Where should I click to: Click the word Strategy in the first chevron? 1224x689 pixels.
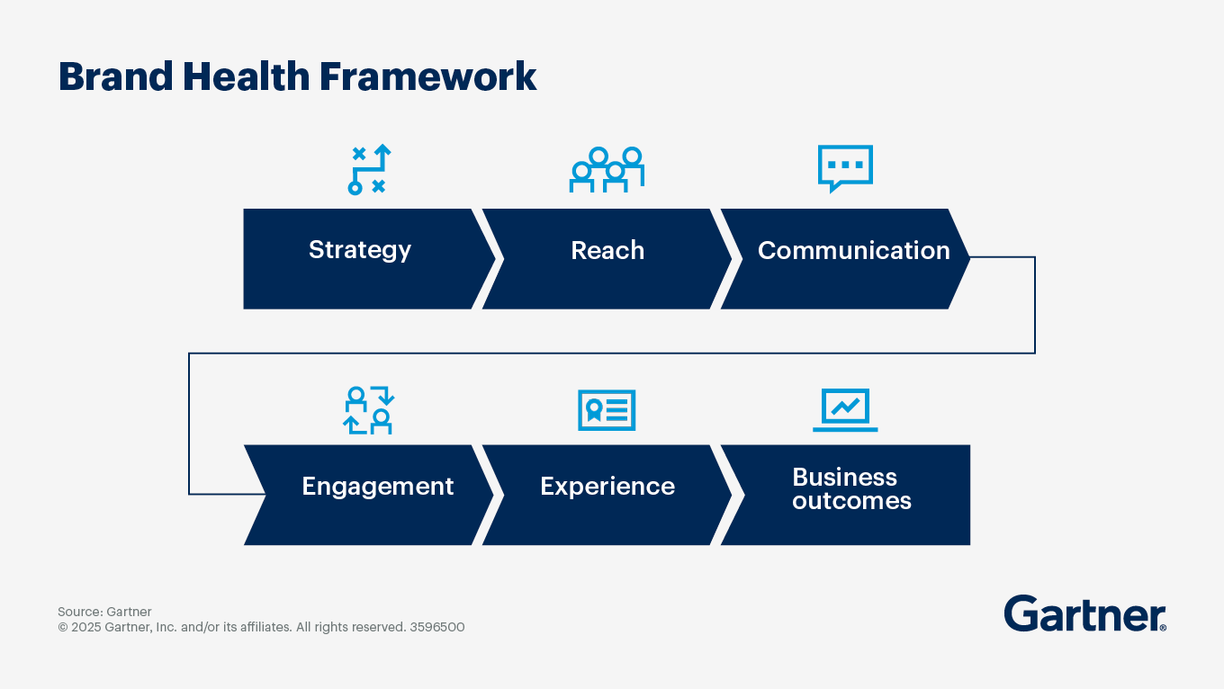point(359,250)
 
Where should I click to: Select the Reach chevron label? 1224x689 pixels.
point(607,250)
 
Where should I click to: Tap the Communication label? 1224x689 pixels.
point(853,250)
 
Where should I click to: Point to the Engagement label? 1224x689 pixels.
point(377,487)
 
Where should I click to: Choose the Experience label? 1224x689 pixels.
point(607,487)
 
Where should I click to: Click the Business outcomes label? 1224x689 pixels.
point(850,488)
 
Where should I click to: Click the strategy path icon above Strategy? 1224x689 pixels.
point(369,169)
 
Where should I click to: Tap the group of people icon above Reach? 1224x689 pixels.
point(607,169)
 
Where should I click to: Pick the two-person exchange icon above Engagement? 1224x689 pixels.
point(369,410)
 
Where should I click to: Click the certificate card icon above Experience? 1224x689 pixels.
point(607,410)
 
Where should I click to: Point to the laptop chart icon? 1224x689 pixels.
point(845,410)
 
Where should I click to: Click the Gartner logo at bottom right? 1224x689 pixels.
point(1084,614)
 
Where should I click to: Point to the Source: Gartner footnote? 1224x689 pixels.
point(104,612)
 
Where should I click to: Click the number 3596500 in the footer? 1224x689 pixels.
point(437,627)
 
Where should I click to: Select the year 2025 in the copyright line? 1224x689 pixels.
point(86,627)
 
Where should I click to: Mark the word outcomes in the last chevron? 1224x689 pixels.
point(851,501)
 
